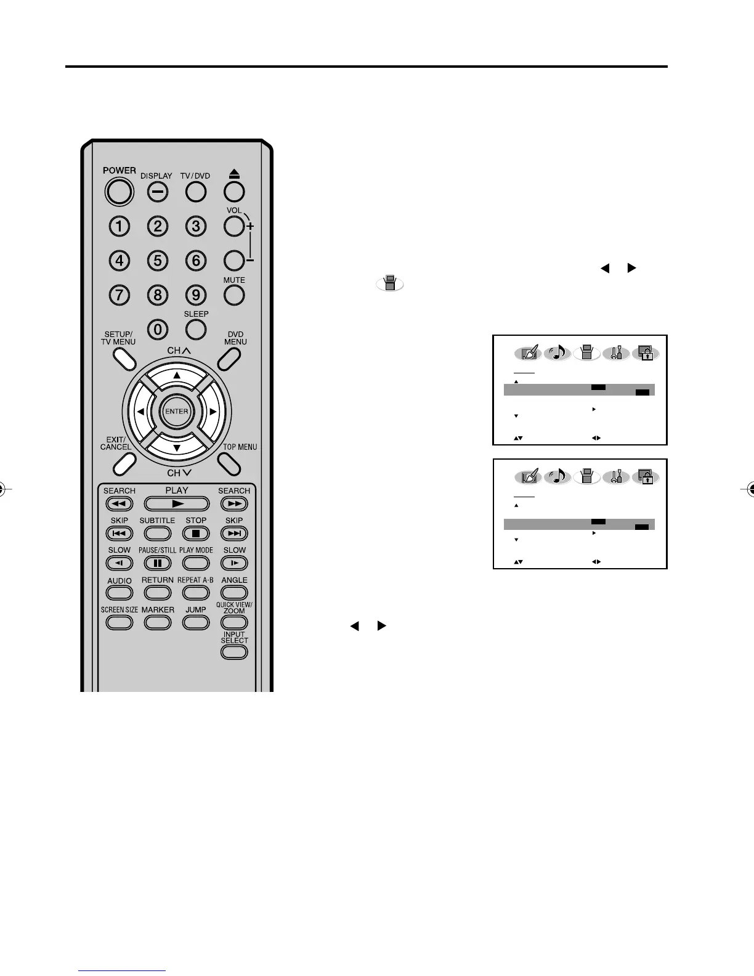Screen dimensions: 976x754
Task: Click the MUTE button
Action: pos(234,296)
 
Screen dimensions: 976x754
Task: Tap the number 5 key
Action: pos(158,261)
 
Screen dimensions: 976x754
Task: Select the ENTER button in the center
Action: pos(177,412)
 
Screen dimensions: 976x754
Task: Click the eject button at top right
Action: pos(234,192)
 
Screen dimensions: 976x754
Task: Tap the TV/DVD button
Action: pos(195,192)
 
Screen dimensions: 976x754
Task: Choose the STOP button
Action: pos(196,534)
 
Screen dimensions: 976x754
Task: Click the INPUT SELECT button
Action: pos(234,652)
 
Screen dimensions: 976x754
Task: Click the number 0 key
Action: pos(158,330)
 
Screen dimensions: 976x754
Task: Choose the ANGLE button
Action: pos(234,593)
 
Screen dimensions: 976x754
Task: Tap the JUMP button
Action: pos(196,622)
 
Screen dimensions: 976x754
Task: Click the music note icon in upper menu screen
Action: pos(558,353)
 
